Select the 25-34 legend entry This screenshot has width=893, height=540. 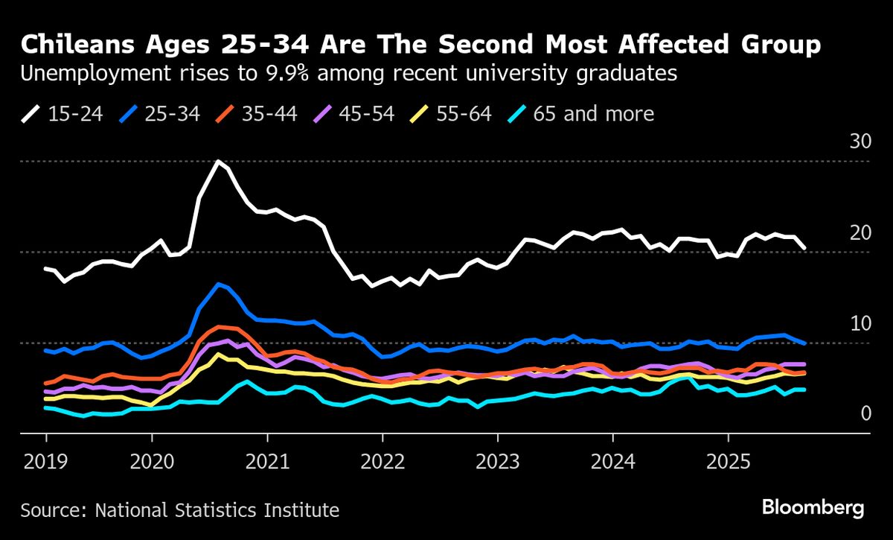159,114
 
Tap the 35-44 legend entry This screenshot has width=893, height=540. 256,114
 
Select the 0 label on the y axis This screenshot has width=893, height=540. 865,413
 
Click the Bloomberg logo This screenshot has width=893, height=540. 813,508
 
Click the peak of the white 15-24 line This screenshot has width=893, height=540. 217,161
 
